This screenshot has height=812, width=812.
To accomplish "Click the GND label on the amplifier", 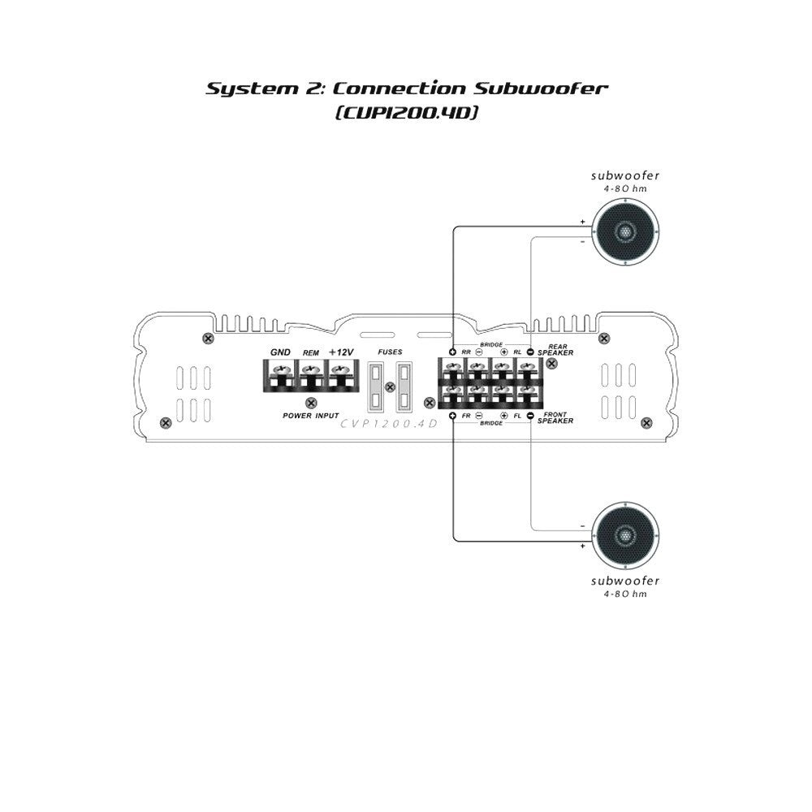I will [x=280, y=352].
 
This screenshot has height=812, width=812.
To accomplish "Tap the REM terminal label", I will [x=310, y=353].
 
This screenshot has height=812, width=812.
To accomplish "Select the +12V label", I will [x=341, y=352].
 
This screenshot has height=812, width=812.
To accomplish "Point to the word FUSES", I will [x=390, y=352].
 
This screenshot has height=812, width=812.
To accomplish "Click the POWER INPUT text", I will [x=311, y=415].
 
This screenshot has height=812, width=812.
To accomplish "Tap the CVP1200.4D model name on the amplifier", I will [x=389, y=423].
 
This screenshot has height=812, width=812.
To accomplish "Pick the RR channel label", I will [x=466, y=352].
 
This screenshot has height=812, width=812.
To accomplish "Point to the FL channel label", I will [x=517, y=416].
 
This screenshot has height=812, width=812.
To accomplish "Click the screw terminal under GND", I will [x=280, y=371].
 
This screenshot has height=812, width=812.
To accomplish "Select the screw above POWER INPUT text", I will [x=310, y=402].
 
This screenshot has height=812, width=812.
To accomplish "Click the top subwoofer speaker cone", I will [x=625, y=231].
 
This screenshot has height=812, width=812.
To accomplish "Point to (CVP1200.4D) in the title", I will [x=404, y=113].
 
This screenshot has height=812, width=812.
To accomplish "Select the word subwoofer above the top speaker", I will [x=625, y=175].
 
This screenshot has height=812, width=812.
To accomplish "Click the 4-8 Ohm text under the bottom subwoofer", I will [x=625, y=594].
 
